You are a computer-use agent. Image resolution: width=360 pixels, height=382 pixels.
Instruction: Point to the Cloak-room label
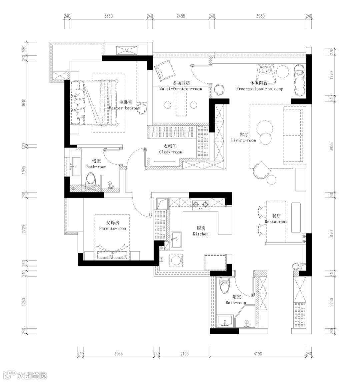coord(170,149)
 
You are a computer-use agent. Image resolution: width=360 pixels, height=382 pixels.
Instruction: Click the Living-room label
coord(243,138)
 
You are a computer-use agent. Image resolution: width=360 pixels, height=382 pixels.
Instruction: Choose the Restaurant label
coord(276,219)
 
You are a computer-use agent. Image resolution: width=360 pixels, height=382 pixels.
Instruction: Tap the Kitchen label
coord(201,231)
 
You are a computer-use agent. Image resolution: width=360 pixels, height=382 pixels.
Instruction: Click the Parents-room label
coord(113,226)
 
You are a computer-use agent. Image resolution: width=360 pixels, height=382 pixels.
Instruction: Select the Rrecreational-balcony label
coord(259,86)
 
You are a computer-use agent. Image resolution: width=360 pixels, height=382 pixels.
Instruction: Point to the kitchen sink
coord(177,239)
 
